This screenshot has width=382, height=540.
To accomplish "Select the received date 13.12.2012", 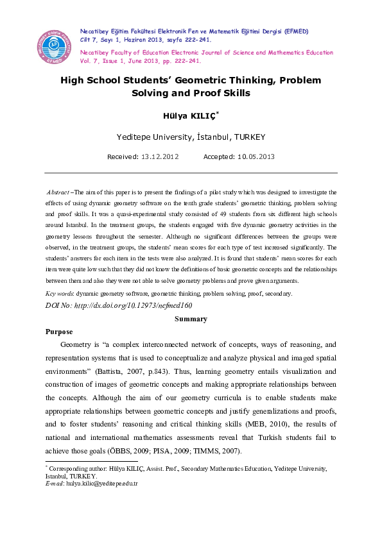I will coord(160,156).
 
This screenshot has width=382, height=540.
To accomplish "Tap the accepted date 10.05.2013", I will coord(256,156).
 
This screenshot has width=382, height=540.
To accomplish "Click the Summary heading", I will coord(191,319).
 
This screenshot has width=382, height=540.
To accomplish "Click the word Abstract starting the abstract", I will coord(58,192).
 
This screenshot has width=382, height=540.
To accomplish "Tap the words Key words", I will coord(59,293).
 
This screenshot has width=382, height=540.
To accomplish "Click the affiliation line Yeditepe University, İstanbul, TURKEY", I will coord(191,137).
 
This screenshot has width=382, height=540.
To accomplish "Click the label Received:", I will coord(123,156).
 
